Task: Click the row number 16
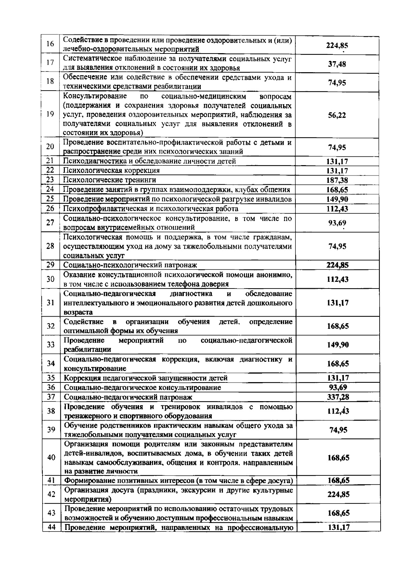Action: [50, 44]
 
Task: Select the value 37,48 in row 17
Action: [337, 64]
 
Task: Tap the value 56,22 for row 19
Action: [337, 115]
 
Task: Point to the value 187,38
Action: [337, 180]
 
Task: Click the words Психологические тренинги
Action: [110, 180]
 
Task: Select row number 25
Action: [50, 199]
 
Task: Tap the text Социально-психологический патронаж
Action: [130, 265]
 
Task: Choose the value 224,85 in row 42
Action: [338, 494]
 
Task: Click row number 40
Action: [51, 457]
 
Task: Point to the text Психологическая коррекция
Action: [112, 171]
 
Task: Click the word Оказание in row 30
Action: [79, 275]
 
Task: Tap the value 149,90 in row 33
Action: [338, 345]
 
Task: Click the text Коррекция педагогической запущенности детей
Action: [146, 378]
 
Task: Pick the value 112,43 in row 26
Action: [337, 209]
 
